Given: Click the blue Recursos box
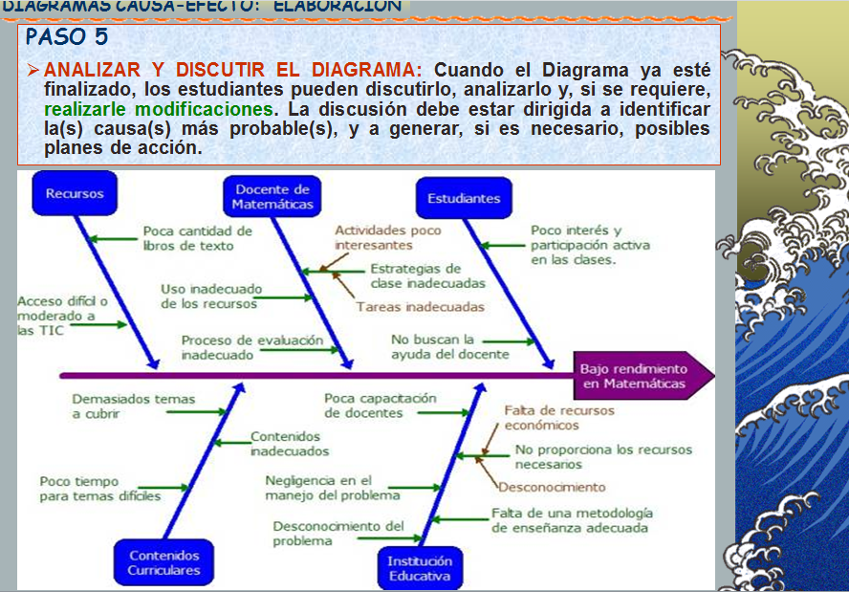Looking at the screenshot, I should pyautogui.click(x=75, y=194).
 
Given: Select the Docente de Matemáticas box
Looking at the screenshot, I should pyautogui.click(x=272, y=197).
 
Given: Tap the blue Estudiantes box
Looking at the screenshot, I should pyautogui.click(x=464, y=198).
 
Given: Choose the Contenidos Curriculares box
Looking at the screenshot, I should pyautogui.click(x=164, y=562).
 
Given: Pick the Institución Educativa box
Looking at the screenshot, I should pyautogui.click(x=420, y=568).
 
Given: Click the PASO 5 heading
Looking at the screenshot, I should pyautogui.click(x=67, y=37).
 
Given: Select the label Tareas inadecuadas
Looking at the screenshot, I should pyautogui.click(x=420, y=307).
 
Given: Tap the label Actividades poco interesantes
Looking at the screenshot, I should pyautogui.click(x=387, y=237).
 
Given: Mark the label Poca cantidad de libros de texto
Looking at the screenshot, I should pyautogui.click(x=197, y=237).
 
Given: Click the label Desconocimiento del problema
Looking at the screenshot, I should pyautogui.click(x=338, y=533).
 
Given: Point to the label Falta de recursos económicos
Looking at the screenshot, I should pyautogui.click(x=559, y=417).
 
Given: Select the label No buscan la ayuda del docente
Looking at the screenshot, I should pyautogui.click(x=436, y=346).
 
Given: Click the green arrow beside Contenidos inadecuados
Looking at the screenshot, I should pyautogui.click(x=230, y=442).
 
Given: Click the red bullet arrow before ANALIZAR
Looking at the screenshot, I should pyautogui.click(x=33, y=71).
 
